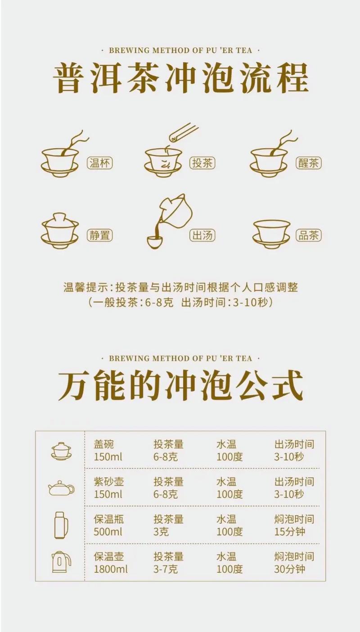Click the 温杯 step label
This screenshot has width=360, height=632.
pos(100,163)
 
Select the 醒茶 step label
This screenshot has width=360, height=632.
pos(308,163)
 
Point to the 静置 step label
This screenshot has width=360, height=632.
pos(100,235)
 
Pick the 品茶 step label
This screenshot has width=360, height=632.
pos(308,235)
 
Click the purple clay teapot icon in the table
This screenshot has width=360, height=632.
pos(62,488)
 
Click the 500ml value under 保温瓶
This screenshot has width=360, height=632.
pos(108,532)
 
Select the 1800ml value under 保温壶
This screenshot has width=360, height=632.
pos(111,569)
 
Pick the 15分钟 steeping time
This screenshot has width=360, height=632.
pos(289,532)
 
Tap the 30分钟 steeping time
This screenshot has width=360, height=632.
pos(289,569)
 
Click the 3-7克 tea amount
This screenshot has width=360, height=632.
pos(166,569)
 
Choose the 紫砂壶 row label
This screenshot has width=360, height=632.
pos(108,482)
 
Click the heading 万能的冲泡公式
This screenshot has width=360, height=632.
pos(180,386)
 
